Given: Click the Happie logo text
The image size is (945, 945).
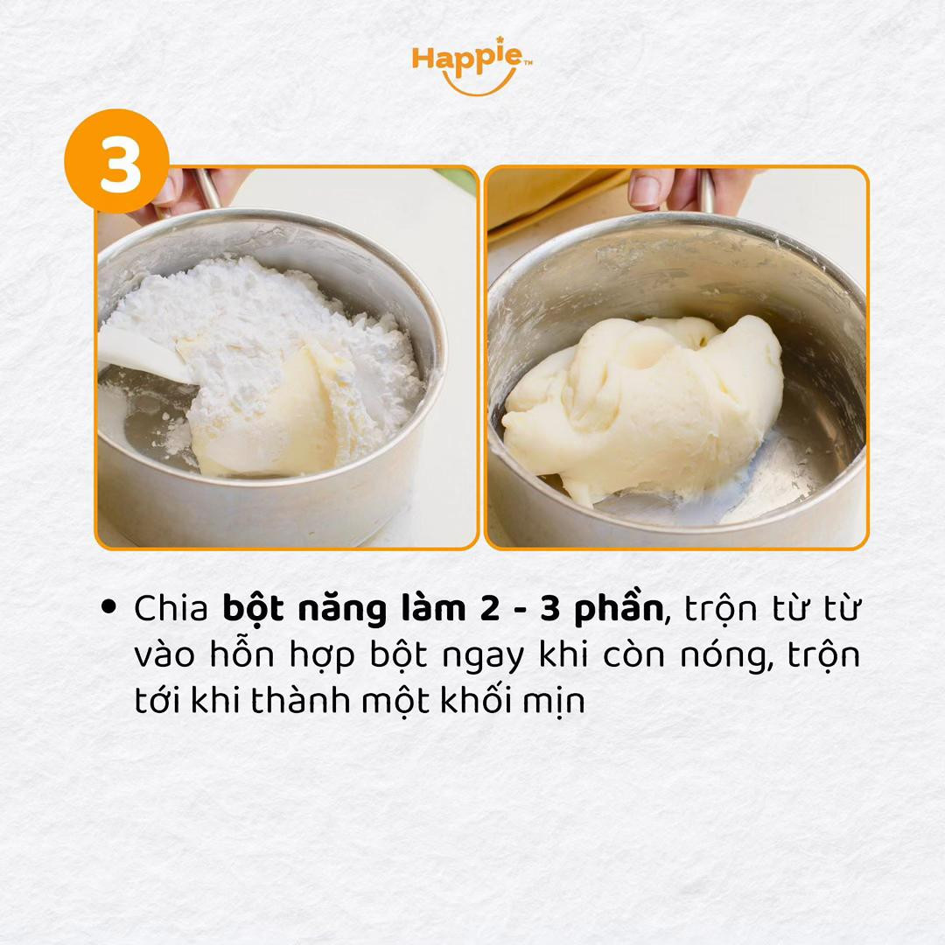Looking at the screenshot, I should point(468,59).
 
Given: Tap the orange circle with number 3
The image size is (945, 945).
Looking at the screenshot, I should point(117,162).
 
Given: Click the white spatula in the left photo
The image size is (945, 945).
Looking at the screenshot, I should point(140,355).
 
